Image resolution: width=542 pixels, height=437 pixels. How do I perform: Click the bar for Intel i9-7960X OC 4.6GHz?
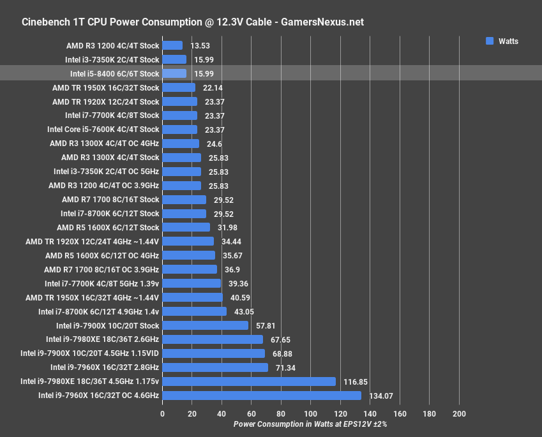pos(262,396)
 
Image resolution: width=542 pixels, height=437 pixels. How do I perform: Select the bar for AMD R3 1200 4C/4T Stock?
pos(172,45)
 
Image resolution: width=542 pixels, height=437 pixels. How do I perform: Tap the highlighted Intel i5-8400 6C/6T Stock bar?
pos(174,73)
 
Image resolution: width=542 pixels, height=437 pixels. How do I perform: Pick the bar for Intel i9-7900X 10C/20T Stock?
pos(205,325)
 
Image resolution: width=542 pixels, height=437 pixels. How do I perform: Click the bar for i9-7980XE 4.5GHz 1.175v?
pos(249,381)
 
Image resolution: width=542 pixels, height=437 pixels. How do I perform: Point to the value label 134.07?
pos(380,396)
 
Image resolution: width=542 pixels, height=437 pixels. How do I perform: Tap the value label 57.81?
pos(266,325)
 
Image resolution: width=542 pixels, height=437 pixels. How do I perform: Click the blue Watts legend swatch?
pos(490,41)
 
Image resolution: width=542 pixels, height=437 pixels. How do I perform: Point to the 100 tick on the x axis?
pos(310,414)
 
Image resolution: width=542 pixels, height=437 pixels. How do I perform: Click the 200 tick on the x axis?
pos(459,414)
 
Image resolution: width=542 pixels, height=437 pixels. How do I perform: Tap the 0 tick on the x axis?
pos(162,414)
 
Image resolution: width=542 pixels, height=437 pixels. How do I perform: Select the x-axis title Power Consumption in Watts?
pos(310,424)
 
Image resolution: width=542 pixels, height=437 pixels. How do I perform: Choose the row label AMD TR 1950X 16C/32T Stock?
pos(106,87)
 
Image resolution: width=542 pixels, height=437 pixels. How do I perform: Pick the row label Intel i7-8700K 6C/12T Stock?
pos(110,213)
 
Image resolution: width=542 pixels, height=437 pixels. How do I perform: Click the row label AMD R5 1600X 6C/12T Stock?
pos(108,227)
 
